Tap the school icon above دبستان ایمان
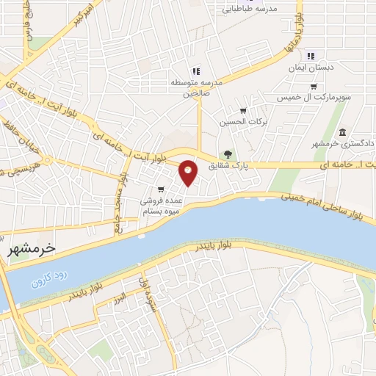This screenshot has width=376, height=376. point(311,55)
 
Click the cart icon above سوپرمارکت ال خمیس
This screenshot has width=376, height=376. point(314,87)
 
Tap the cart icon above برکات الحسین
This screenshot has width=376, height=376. point(243,111)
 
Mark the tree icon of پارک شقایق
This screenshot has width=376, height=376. point(228,155)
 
